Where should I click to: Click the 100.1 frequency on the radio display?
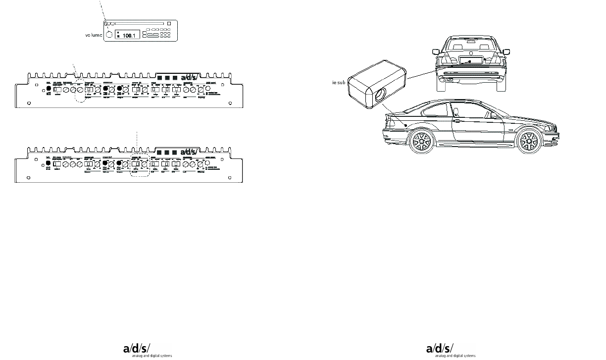129,36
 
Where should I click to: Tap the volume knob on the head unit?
109,35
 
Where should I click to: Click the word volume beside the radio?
94,35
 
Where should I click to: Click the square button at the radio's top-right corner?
169,23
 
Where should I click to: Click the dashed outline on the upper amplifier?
79,90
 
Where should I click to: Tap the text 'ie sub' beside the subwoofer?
339,83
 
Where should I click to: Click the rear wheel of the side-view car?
421,141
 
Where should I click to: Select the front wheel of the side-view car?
527,141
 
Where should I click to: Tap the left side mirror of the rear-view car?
436,51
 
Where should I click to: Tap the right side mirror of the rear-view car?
506,51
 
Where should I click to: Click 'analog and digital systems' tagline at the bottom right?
455,356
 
